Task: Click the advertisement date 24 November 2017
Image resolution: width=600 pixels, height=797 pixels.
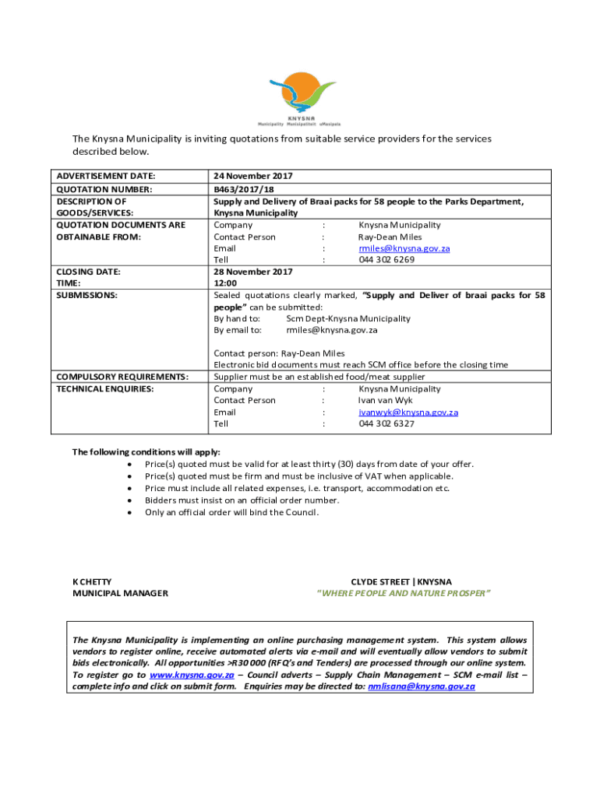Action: pyautogui.click(x=253, y=176)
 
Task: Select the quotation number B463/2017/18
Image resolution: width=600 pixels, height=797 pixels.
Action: pyautogui.click(x=242, y=189)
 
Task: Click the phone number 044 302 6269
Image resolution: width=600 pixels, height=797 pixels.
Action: pyautogui.click(x=386, y=260)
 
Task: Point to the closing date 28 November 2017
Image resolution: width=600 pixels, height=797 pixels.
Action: pyautogui.click(x=253, y=272)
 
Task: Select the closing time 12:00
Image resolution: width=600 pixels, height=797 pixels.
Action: pyautogui.click(x=225, y=283)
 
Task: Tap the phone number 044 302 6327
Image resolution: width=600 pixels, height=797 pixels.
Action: pyautogui.click(x=386, y=423)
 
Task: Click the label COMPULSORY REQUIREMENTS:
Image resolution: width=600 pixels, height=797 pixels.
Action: pyautogui.click(x=122, y=377)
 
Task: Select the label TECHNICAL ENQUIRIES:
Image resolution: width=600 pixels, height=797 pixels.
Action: pyautogui.click(x=105, y=388)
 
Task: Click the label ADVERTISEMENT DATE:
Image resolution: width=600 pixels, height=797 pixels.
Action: pyautogui.click(x=106, y=176)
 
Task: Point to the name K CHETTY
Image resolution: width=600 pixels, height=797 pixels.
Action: pyautogui.click(x=92, y=581)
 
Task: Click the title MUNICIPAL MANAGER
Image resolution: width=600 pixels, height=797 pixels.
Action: pyautogui.click(x=120, y=593)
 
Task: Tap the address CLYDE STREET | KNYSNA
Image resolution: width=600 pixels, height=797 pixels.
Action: pyautogui.click(x=401, y=581)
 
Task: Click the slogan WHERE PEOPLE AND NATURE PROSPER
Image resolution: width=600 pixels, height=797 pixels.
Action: pyautogui.click(x=403, y=593)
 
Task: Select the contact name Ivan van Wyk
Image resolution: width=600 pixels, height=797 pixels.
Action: pyautogui.click(x=380, y=400)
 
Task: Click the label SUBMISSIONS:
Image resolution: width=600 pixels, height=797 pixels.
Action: pyautogui.click(x=86, y=295)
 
